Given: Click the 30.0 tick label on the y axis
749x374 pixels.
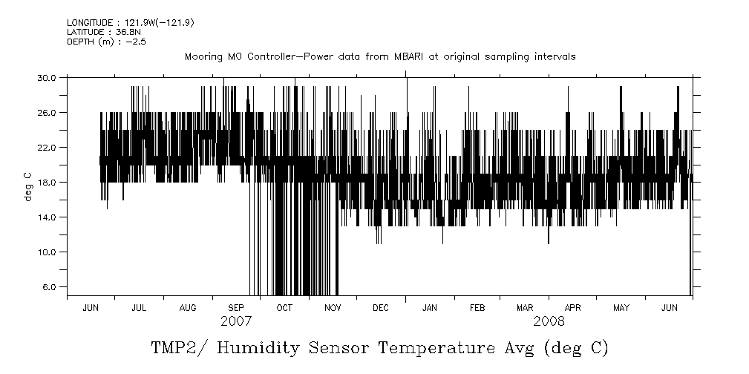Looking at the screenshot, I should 47,77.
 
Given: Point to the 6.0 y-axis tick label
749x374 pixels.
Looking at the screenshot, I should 49,287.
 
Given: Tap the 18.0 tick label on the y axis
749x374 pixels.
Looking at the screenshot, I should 47,182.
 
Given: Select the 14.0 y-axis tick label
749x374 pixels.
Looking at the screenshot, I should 47,217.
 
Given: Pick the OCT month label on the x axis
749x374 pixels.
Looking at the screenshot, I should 284,308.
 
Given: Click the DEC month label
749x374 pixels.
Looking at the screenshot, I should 380,308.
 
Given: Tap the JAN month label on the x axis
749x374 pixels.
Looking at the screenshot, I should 429,308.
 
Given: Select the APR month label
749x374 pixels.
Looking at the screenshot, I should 573,308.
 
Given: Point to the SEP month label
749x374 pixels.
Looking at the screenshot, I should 236,308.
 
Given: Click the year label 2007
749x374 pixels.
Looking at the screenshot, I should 236,322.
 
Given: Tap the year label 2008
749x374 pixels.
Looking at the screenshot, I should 549,322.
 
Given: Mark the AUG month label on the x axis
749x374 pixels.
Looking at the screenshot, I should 188,308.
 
